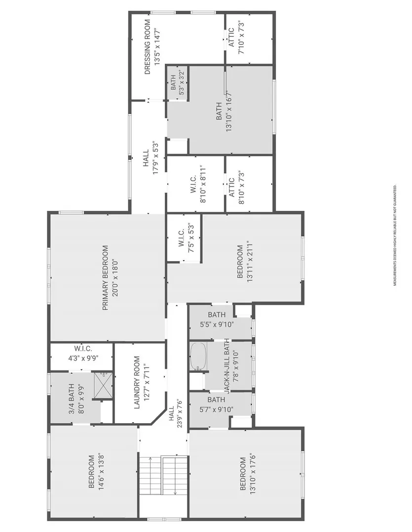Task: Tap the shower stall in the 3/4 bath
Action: tap(103, 385)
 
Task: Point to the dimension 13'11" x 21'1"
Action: tap(251, 262)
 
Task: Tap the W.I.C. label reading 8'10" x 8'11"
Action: tap(198, 184)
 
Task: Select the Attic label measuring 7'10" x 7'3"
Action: tap(235, 37)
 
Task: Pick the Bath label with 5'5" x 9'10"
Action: tap(217, 320)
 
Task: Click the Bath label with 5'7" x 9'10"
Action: tap(216, 405)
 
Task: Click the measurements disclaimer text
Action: tap(395, 235)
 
